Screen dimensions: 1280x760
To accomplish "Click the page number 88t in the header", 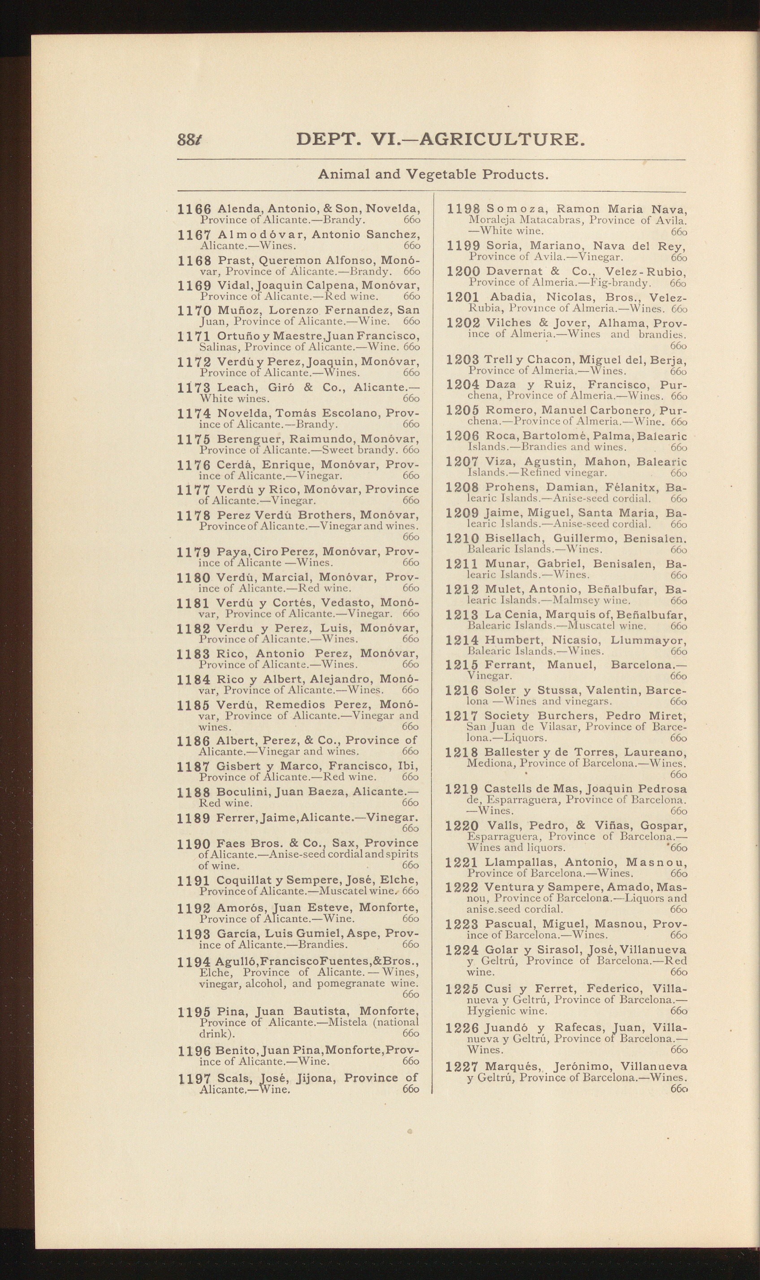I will [190, 140].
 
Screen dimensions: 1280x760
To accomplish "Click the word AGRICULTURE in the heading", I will [501, 139].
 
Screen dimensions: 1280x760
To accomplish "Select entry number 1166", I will [194, 209].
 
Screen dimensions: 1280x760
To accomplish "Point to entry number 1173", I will [194, 388].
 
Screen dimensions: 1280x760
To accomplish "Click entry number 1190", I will [193, 844].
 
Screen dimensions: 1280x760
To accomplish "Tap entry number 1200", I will [463, 272].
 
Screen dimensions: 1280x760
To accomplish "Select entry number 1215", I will [462, 666].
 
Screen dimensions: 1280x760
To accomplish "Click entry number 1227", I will [462, 1067].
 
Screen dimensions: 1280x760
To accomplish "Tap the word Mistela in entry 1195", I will [338, 1022].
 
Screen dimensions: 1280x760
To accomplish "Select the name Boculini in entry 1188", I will [243, 792].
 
